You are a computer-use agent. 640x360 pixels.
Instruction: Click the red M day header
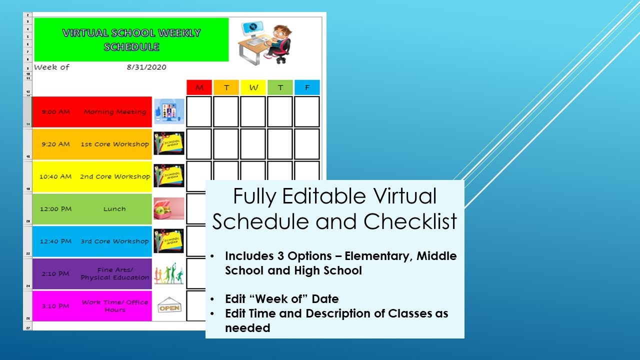[x=199, y=87]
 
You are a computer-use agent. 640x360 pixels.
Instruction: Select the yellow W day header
[x=253, y=87]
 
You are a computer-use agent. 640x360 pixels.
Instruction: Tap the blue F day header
[x=307, y=87]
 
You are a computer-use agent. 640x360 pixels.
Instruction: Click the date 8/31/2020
[x=146, y=67]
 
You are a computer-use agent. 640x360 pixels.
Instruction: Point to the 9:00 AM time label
[x=55, y=112]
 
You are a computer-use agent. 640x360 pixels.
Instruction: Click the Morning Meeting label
[x=115, y=112]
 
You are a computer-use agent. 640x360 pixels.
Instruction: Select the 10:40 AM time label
[x=55, y=176]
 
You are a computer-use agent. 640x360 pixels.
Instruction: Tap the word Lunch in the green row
[x=114, y=209]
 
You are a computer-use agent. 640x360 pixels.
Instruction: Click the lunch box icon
[x=168, y=208]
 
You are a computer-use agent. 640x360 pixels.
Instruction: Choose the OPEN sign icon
[x=169, y=306]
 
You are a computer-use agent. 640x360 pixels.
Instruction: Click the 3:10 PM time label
[x=55, y=306]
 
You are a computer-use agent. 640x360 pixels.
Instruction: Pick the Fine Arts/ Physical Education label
[x=115, y=273]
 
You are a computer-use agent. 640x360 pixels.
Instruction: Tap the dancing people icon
[x=168, y=274]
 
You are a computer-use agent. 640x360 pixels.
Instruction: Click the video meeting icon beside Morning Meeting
[x=169, y=111]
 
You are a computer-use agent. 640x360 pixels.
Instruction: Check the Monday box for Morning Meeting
[x=199, y=111]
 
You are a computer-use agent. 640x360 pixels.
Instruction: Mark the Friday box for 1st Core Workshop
[x=306, y=144]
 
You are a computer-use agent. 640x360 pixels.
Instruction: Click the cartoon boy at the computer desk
[x=265, y=42]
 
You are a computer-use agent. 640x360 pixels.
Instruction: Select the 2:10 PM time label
[x=55, y=274]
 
